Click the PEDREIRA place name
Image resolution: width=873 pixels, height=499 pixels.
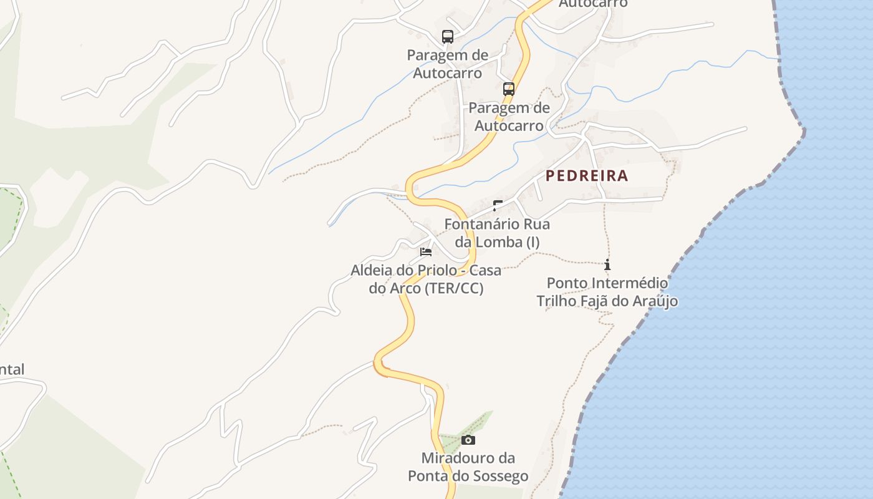587,176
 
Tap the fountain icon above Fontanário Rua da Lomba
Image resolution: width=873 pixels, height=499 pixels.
498,205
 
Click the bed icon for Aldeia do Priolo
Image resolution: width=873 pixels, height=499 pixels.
426,252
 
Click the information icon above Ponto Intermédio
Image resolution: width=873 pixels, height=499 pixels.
607,264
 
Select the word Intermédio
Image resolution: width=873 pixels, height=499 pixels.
629,283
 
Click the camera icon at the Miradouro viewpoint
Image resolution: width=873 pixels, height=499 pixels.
468,440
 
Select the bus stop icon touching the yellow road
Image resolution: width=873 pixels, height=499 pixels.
509,89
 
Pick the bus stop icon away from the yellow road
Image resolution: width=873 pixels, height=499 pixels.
448,36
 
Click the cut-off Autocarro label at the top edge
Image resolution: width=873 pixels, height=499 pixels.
593,4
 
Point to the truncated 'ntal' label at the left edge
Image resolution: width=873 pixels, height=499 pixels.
12,370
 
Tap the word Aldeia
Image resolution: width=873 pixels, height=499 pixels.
372,271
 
